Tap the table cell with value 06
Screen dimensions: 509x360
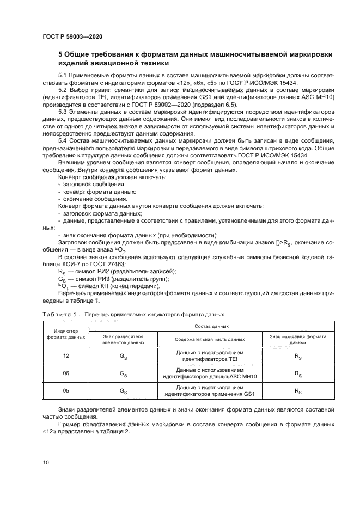click(66, 375)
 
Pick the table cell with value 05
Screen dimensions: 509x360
click(66, 392)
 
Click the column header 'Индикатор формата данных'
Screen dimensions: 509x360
click(66, 334)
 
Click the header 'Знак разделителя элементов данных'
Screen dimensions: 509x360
click(123, 340)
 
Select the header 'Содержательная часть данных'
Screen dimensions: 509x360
click(210, 340)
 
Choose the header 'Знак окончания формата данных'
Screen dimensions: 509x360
click(298, 340)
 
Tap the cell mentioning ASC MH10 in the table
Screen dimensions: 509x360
click(210, 375)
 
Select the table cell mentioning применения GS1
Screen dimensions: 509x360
click(210, 392)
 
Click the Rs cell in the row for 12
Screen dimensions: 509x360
click(298, 357)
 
